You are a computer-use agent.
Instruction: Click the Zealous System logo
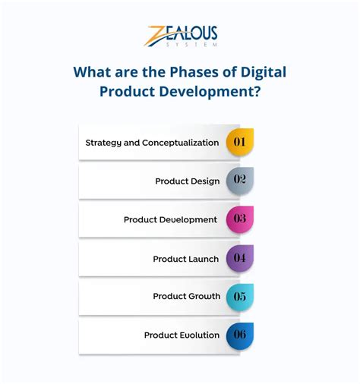click(182, 36)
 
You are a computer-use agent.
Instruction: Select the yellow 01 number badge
click(239, 142)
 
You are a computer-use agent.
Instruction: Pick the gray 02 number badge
click(239, 181)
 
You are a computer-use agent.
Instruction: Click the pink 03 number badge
click(239, 219)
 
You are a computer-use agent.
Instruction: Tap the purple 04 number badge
click(239, 258)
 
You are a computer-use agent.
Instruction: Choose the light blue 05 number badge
click(239, 296)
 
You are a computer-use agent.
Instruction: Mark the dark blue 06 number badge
click(239, 335)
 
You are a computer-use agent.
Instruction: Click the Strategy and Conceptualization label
click(152, 143)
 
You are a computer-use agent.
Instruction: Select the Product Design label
click(187, 181)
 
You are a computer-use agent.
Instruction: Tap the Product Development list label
click(171, 220)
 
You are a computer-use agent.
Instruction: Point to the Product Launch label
click(185, 259)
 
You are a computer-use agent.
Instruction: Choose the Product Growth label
click(186, 297)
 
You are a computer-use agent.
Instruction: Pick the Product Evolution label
click(182, 335)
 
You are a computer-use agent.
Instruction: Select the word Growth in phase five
click(203, 297)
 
